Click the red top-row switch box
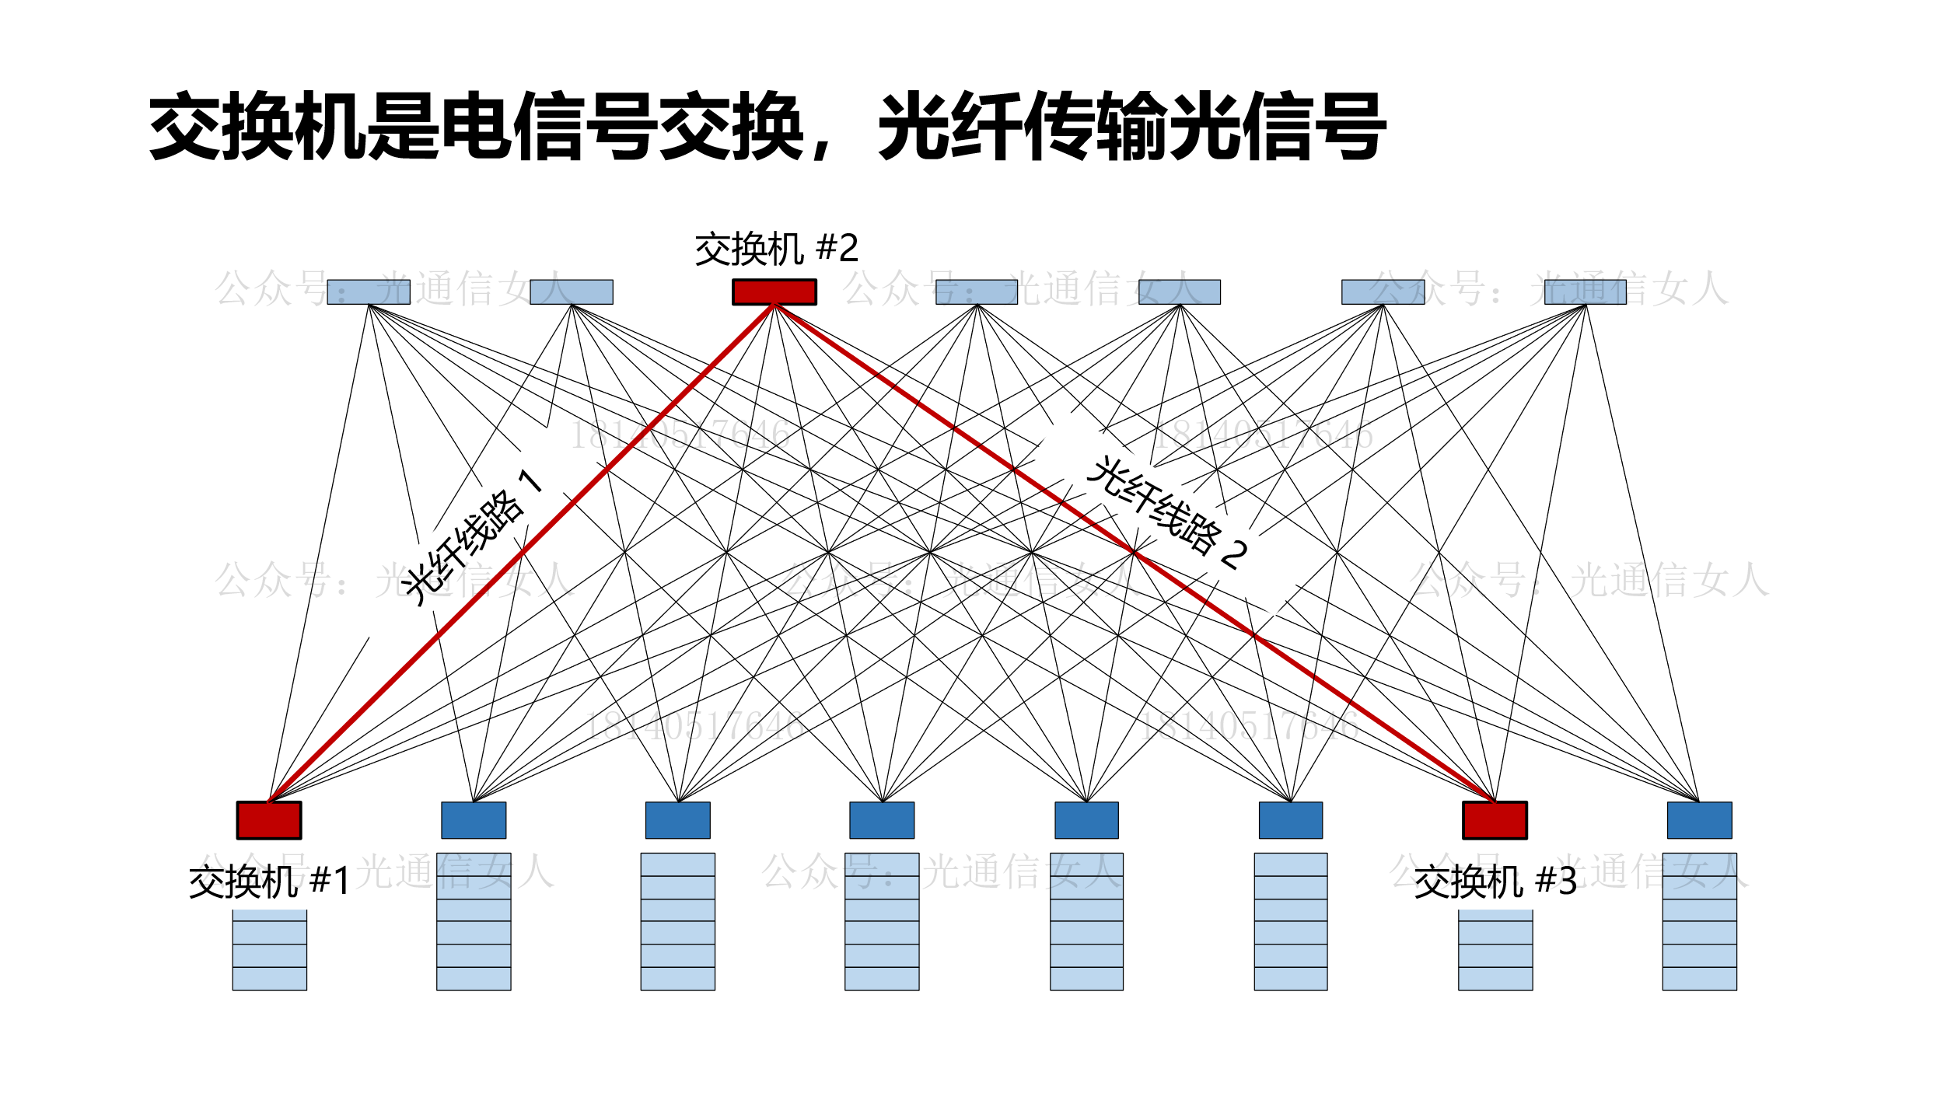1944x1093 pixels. point(774,292)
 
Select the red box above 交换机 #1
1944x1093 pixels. point(269,820)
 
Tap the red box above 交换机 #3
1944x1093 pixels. point(1495,820)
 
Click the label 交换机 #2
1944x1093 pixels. point(776,249)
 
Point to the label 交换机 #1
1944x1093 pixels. point(269,882)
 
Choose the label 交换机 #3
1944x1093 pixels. point(1495,882)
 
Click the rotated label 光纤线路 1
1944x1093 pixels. point(473,537)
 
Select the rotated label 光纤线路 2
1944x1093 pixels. point(1167,514)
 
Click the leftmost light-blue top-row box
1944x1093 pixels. point(369,292)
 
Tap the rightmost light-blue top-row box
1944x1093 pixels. point(1585,292)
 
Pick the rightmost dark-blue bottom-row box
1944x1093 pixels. point(1699,820)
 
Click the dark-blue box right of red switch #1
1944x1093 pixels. point(474,820)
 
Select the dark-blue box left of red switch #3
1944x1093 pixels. point(1291,820)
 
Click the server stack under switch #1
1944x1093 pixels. point(269,949)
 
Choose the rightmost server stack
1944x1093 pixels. point(1699,921)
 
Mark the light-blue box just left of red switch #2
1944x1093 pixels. point(572,292)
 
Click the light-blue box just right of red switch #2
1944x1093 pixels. point(977,292)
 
